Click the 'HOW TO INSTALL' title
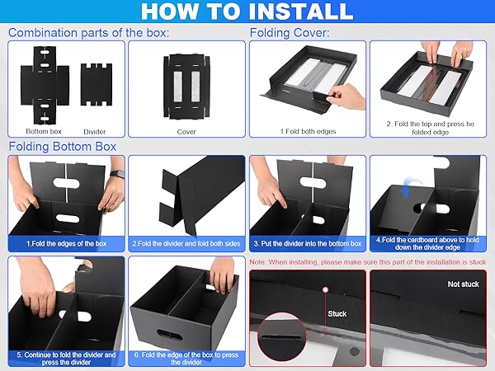click(x=247, y=12)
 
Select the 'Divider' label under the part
click(x=95, y=131)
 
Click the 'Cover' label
click(x=186, y=131)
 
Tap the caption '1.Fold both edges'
click(x=307, y=130)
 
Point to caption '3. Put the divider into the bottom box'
click(x=307, y=244)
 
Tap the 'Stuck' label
click(x=337, y=313)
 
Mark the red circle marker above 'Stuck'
click(x=326, y=290)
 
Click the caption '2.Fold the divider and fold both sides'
click(x=186, y=244)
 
